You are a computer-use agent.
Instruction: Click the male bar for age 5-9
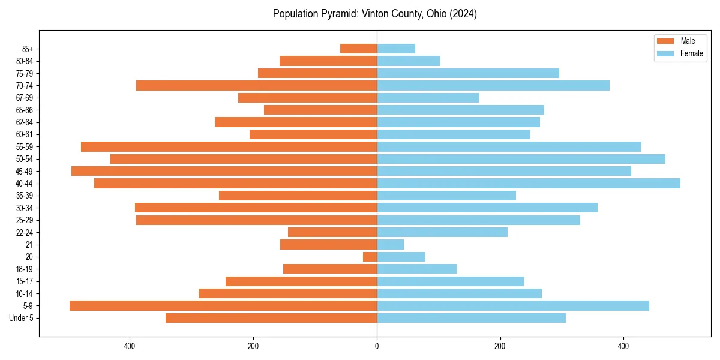223,306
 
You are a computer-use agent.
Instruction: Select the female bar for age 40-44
528,184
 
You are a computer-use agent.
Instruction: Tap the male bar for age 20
370,257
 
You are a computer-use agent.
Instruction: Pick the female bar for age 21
390,245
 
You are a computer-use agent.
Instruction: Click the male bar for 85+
358,49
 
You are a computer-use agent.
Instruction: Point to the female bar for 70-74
493,86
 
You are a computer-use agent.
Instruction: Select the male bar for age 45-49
224,171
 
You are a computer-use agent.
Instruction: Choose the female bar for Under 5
471,318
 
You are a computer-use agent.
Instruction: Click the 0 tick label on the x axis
377,346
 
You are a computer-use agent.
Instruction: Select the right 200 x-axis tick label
500,346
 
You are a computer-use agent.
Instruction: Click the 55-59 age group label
25,147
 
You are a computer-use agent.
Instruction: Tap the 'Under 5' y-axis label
22,318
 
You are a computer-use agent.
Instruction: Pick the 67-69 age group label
25,98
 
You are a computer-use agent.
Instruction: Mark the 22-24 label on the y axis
25,233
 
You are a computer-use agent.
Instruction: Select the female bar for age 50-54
521,159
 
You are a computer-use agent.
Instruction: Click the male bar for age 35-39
298,196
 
